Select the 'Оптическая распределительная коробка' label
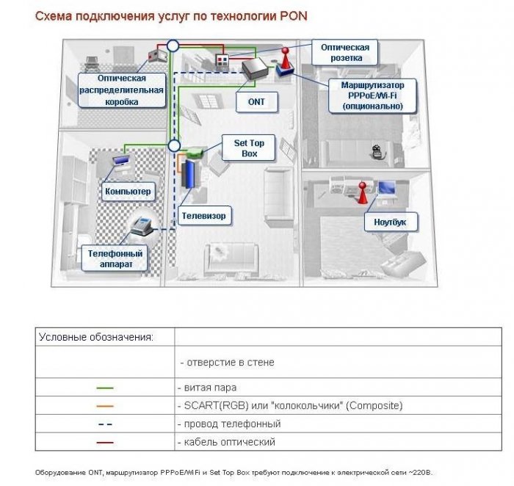[x=121, y=90]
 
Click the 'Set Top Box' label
[x=250, y=148]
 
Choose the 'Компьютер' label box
[x=128, y=192]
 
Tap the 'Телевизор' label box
[x=202, y=216]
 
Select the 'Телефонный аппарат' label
[x=116, y=258]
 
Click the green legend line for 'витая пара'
[x=104, y=387]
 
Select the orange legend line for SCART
[x=104, y=405]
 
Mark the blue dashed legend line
[x=104, y=424]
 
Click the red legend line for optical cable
[x=104, y=442]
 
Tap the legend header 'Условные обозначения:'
[x=95, y=337]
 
